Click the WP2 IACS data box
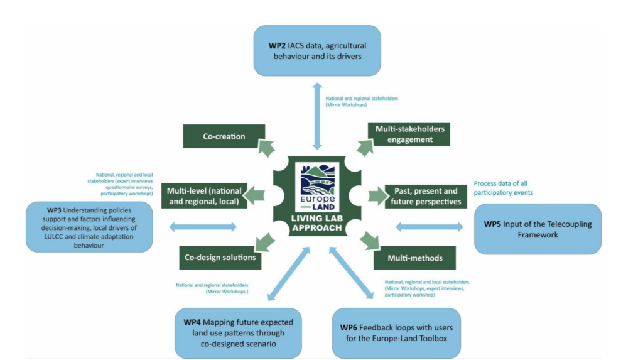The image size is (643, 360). coord(317,51)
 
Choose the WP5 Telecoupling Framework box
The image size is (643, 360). coord(538,229)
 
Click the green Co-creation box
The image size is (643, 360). coord(224,136)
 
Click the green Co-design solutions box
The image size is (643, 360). coord(220,257)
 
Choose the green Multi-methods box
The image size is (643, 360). coord(414,257)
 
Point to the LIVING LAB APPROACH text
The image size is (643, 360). coord(319,223)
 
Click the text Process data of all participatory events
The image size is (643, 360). coord(504,188)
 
